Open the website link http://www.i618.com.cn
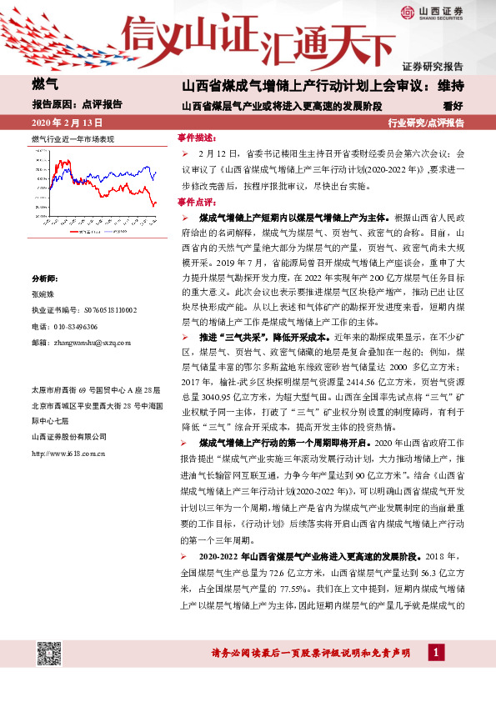pyautogui.click(x=67, y=454)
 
